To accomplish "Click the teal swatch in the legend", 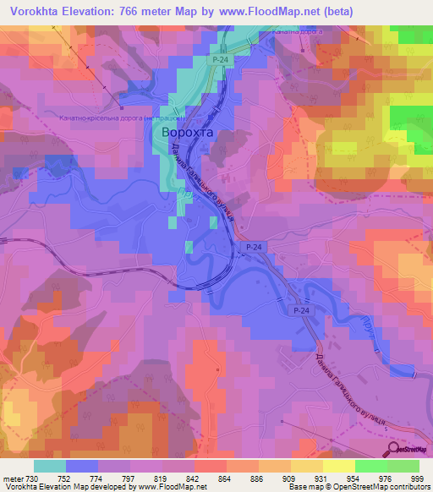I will [x=50, y=465].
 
